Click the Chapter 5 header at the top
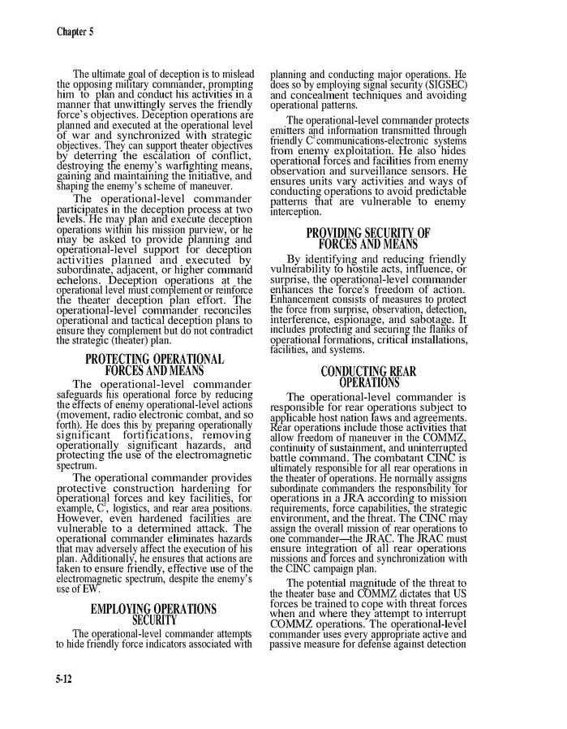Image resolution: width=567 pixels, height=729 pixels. pos(75,32)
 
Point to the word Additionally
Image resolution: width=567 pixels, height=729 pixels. pos(101,547)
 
